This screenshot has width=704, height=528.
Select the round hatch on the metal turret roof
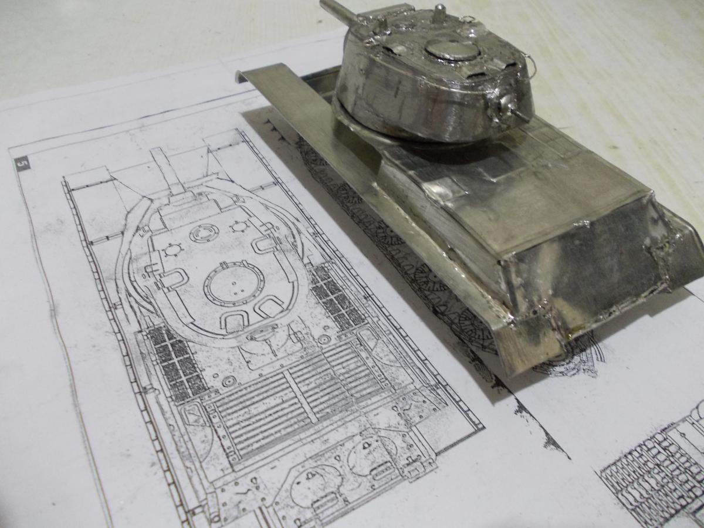click(452, 53)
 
